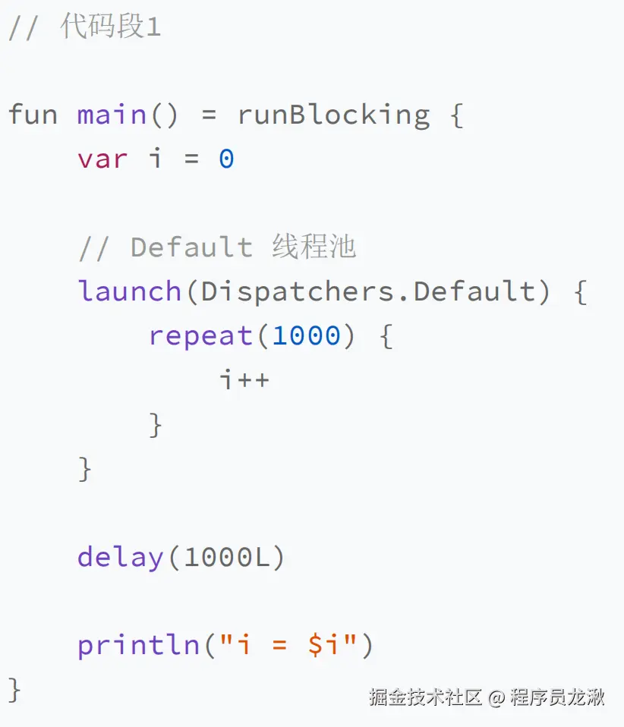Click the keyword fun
coord(33,115)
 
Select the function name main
coord(112,115)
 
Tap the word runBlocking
coord(333,115)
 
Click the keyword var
coord(102,159)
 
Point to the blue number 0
coord(226,159)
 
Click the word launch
coord(130,291)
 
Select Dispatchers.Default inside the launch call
coord(368,291)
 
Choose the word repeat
coord(200,335)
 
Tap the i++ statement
coord(244,379)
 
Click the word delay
coord(121,558)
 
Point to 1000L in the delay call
coord(226,558)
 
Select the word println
coord(138,646)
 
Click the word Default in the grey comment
coord(191,247)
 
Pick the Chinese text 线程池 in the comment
coord(314,247)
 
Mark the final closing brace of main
coord(14,690)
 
